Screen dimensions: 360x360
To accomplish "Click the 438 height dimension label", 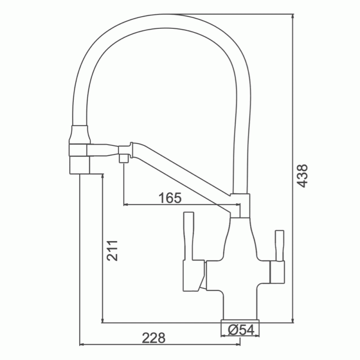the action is coord(302,176).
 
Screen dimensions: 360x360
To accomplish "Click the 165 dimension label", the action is coord(170,198).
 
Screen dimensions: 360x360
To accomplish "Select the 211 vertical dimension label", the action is coord(112,251).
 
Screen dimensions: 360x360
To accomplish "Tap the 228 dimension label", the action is coord(153,338).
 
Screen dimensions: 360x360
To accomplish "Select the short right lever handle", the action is coord(279,246).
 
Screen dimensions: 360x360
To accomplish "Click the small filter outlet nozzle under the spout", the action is coord(124,159).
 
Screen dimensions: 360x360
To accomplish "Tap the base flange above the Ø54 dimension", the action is coord(240,321).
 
